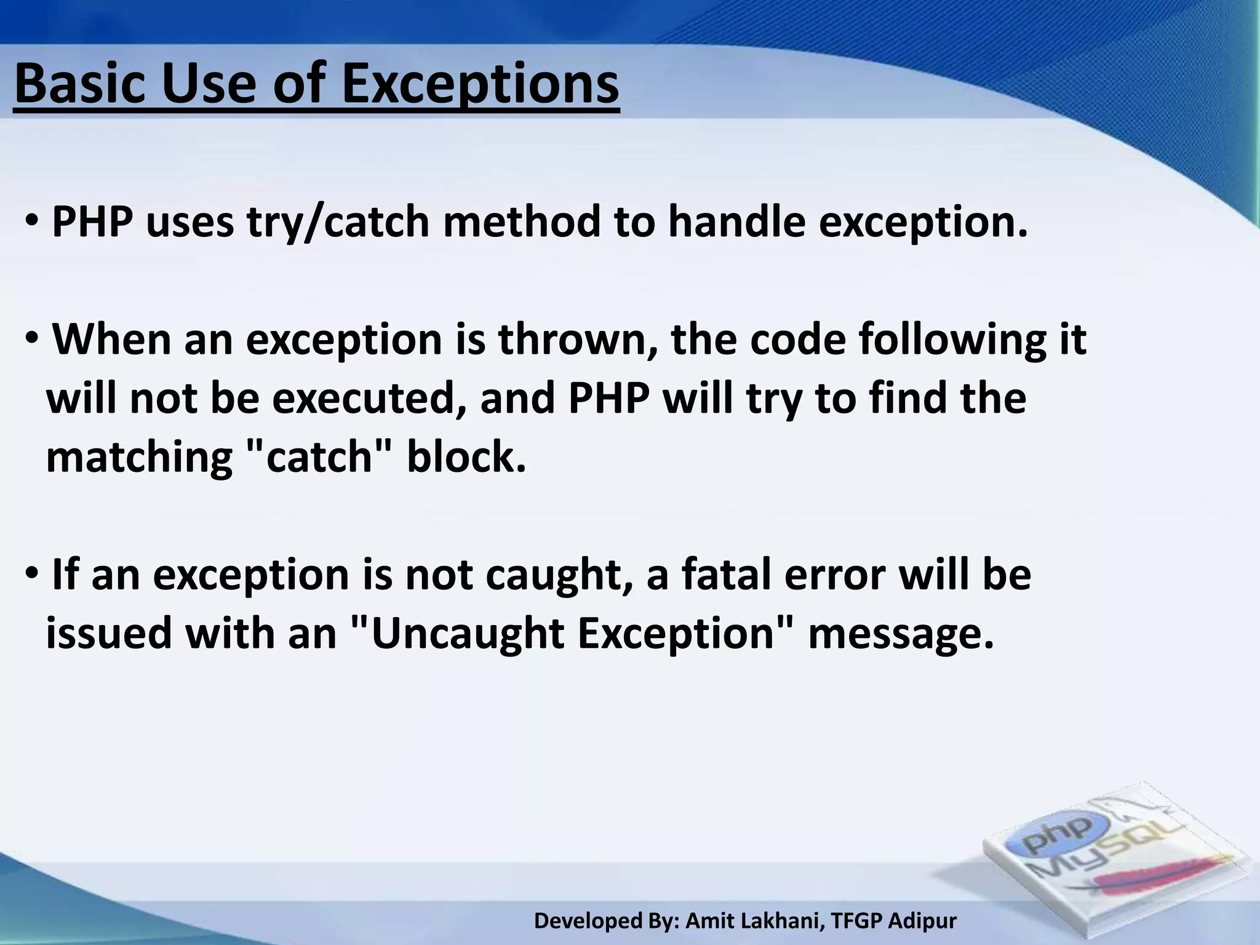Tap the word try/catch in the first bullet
tap(338, 222)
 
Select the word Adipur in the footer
tap(923, 921)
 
